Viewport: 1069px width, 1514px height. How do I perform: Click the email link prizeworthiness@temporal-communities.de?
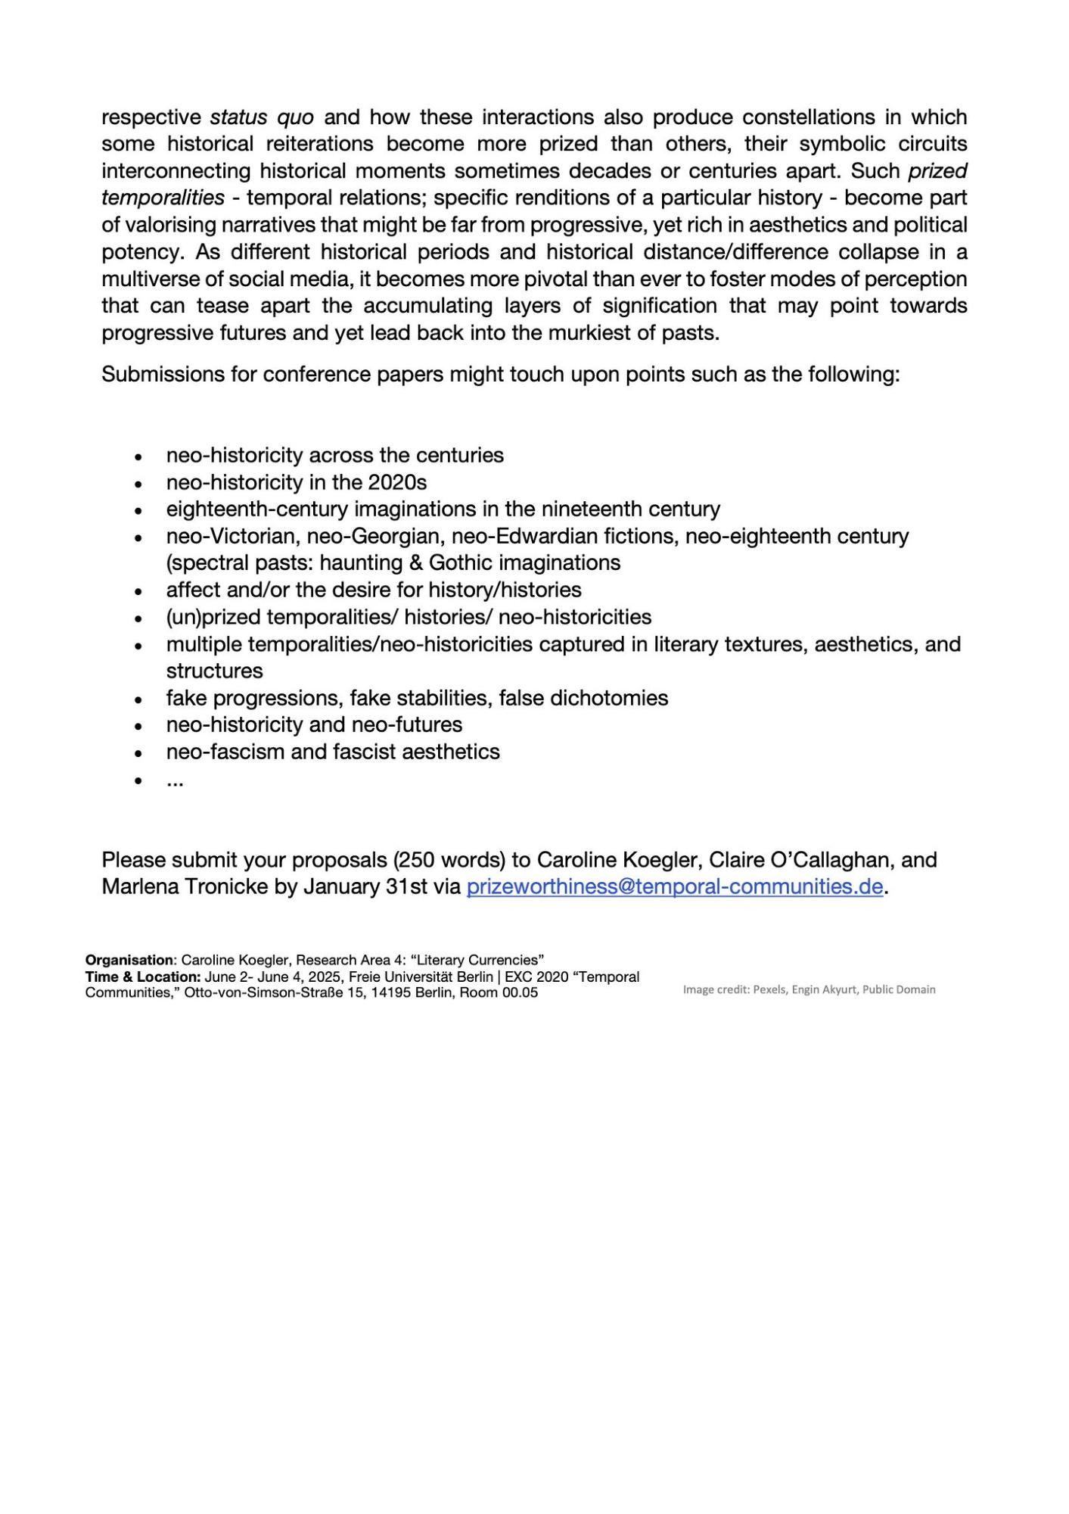point(674,886)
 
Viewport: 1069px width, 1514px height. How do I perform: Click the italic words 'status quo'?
point(262,117)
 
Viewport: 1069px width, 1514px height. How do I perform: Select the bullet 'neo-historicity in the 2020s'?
point(297,482)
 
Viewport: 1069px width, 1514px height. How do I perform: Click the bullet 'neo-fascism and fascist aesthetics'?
point(333,752)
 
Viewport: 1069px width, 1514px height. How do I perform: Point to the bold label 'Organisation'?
point(129,961)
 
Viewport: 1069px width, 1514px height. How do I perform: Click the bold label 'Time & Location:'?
point(143,977)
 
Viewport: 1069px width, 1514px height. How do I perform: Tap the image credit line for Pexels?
point(809,989)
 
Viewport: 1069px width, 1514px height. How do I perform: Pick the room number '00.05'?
point(520,993)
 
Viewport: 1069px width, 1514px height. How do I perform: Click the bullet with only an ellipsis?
point(175,780)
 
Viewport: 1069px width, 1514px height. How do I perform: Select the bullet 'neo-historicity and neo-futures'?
point(314,724)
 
